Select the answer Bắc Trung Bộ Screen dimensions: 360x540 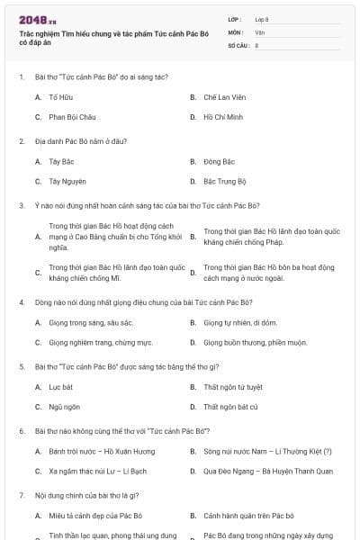coord(224,182)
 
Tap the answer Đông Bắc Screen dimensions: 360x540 coord(219,162)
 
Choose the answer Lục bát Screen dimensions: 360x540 coord(60,387)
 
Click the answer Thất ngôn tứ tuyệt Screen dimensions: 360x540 coord(233,387)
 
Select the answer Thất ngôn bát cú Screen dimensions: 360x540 coord(230,407)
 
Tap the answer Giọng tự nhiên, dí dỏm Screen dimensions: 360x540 coord(240,322)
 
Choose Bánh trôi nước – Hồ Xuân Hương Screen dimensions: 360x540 coord(102,451)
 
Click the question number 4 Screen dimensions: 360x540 coord(21,302)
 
